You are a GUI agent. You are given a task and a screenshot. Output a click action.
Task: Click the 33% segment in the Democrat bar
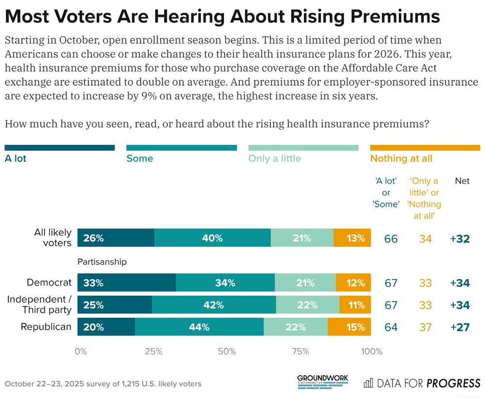click(x=127, y=283)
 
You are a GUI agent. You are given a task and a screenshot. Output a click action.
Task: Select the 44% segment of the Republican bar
click(x=199, y=327)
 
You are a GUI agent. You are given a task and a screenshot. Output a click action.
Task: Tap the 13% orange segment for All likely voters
click(x=352, y=239)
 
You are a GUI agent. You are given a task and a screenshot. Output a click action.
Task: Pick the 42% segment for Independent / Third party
click(x=214, y=305)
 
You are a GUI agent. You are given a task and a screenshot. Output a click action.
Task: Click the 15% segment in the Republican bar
click(x=349, y=327)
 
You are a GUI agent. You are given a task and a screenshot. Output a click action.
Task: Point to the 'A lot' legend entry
click(x=16, y=159)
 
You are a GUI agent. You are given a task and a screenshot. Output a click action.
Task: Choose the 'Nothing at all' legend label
click(x=401, y=159)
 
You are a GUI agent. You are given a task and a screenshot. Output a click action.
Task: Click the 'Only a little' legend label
click(x=275, y=159)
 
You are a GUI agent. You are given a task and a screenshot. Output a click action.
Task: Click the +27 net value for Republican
click(x=460, y=327)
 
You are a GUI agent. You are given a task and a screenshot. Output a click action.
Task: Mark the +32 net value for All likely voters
click(x=460, y=239)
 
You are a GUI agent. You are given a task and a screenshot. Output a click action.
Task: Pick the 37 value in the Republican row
click(x=425, y=327)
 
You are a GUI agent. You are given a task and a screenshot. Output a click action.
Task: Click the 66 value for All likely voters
click(x=390, y=239)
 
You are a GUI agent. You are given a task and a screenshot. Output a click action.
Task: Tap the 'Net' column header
click(x=462, y=181)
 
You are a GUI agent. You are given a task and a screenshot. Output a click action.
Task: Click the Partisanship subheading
click(x=102, y=262)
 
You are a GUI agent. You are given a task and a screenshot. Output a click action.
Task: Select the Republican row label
click(x=46, y=327)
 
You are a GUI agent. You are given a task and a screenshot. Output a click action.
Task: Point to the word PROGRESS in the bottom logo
click(x=453, y=383)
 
